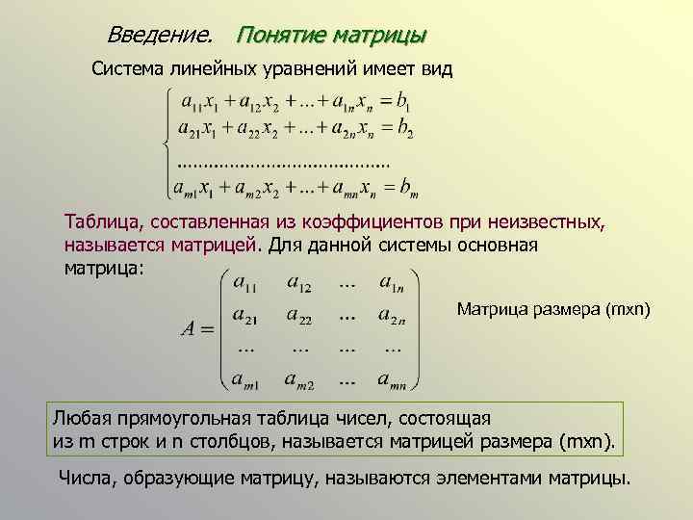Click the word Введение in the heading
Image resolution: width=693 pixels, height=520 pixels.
click(x=160, y=36)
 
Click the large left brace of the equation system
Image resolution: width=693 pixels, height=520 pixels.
click(x=167, y=143)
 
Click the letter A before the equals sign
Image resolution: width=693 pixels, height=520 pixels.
click(x=190, y=328)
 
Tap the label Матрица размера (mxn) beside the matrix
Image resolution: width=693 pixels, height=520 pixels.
click(x=553, y=309)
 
